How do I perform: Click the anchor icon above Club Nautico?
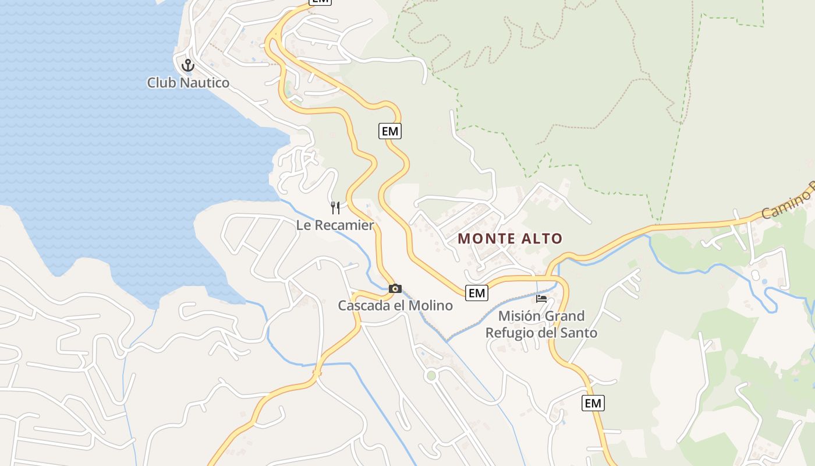click(187, 65)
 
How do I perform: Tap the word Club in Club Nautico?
click(161, 83)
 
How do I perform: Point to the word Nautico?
click(204, 83)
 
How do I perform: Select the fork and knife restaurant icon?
click(335, 208)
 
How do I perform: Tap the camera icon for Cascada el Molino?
click(395, 288)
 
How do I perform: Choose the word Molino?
click(431, 305)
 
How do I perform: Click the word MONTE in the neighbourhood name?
click(487, 238)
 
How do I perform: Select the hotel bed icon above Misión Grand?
click(541, 299)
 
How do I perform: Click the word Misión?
click(519, 316)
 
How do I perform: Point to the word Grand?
click(565, 316)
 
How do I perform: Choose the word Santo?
click(579, 333)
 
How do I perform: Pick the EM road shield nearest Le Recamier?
click(390, 131)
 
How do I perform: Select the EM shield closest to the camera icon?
click(477, 293)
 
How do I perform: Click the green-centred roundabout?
click(431, 376)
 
